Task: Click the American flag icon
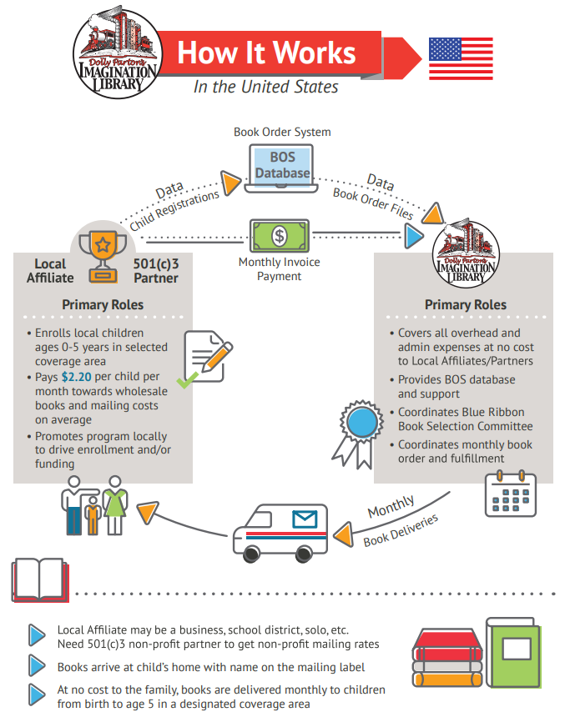pyautogui.click(x=461, y=58)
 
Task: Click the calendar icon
pyautogui.click(x=510, y=494)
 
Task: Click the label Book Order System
pyautogui.click(x=282, y=132)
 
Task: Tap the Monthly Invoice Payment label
pyautogui.click(x=280, y=268)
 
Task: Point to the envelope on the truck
pyautogui.click(x=305, y=521)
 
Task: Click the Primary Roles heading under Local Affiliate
pyautogui.click(x=103, y=304)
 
